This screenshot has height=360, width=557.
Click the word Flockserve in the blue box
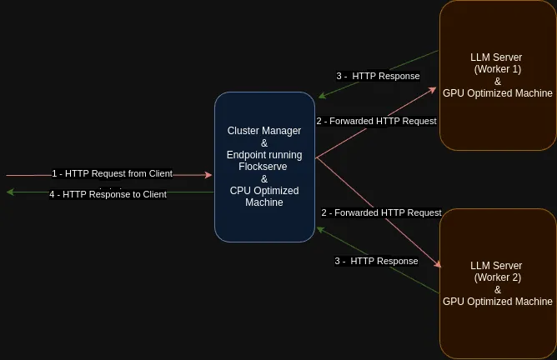tap(263, 167)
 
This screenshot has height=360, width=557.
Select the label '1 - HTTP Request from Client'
tap(113, 173)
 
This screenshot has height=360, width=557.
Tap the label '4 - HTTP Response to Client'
tap(108, 194)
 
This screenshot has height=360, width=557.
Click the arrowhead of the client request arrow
tap(208, 175)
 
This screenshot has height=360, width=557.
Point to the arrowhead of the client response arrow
tap(10, 192)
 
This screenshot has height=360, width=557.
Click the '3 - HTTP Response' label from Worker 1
tap(378, 76)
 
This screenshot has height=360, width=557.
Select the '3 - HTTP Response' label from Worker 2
tap(376, 261)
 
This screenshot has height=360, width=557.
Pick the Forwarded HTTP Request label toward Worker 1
tap(377, 121)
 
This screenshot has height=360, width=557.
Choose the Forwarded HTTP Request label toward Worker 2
tap(382, 212)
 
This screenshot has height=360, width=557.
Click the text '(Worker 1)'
tap(497, 69)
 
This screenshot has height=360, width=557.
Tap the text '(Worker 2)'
tap(497, 277)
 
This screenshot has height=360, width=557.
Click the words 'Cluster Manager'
tap(264, 131)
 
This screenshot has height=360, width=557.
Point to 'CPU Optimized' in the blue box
tap(264, 191)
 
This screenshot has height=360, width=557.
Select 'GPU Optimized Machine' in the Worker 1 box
tap(497, 93)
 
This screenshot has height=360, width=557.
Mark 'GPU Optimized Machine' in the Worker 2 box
tap(497, 302)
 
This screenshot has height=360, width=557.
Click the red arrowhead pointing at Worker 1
tap(433, 90)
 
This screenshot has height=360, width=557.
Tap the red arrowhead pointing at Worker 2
tap(438, 264)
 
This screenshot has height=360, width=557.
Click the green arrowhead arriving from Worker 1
tap(322, 95)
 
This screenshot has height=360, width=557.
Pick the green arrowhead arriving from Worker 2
tap(320, 230)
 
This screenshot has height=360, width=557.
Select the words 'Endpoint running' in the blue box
tap(264, 155)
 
